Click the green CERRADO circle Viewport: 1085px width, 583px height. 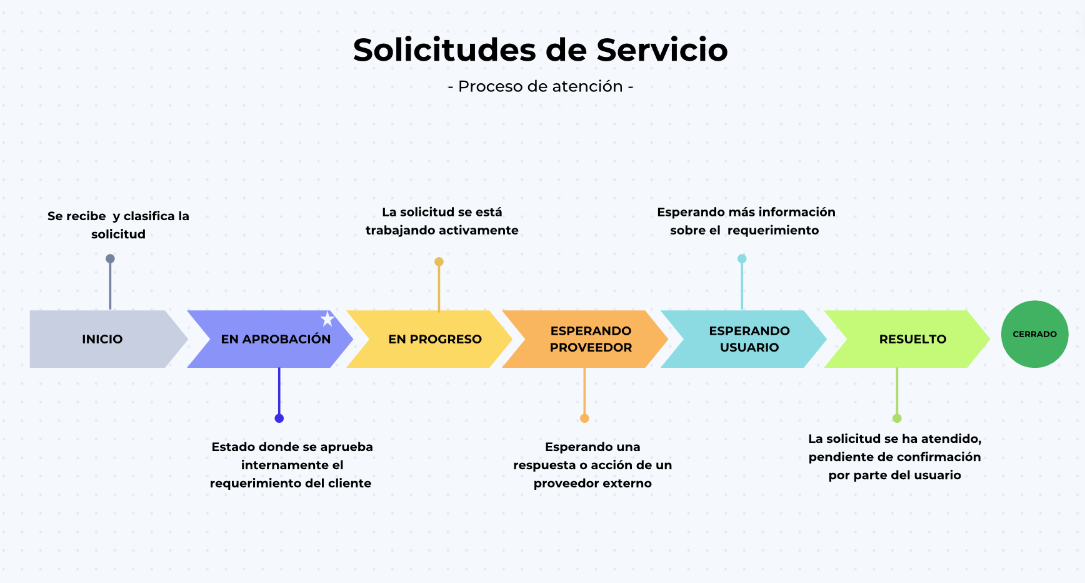(x=1034, y=334)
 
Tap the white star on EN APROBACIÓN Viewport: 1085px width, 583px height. (x=327, y=319)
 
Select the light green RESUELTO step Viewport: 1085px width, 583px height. (x=907, y=339)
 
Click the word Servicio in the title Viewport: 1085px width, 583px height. (x=662, y=50)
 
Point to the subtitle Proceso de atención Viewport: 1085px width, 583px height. (x=541, y=86)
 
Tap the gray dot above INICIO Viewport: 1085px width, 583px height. (x=110, y=258)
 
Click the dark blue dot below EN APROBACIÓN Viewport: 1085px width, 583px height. (x=279, y=418)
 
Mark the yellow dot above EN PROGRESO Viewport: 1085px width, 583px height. (x=439, y=262)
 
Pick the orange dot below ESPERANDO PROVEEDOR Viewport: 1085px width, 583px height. (x=584, y=418)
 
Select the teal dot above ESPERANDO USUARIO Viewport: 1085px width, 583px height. (x=742, y=258)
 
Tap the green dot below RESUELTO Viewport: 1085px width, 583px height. (x=897, y=418)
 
